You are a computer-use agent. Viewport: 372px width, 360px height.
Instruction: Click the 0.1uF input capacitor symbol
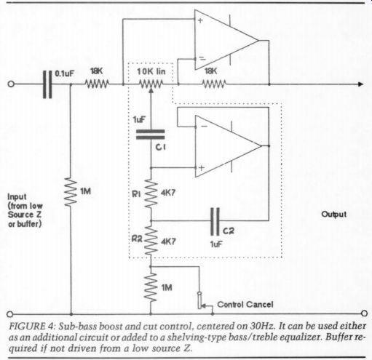pos(47,84)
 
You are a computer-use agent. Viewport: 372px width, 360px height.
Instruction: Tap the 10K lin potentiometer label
pos(151,71)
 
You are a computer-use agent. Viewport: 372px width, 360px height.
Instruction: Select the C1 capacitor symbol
pos(151,135)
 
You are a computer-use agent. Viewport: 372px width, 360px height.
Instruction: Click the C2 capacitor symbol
pos(215,221)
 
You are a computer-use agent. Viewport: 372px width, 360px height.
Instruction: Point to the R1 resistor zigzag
pos(151,193)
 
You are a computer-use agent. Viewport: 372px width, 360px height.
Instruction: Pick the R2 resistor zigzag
pos(151,241)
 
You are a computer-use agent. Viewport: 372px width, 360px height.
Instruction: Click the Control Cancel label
pos(245,304)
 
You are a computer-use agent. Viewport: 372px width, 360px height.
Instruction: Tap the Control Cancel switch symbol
pos(201,300)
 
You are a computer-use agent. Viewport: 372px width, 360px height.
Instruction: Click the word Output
pos(333,215)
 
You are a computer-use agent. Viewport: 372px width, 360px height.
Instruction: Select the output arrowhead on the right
pos(361,84)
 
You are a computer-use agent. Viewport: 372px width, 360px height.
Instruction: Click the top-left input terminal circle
pos(11,84)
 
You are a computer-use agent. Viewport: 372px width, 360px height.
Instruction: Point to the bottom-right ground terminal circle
pos(364,313)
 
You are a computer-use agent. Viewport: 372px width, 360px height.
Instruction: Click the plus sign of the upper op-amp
pos(200,20)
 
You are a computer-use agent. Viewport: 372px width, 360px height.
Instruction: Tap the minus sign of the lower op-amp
pos(205,127)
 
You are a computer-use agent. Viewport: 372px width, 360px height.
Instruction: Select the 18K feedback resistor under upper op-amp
pos(214,84)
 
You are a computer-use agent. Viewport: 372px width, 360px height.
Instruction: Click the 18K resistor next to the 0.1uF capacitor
pos(97,84)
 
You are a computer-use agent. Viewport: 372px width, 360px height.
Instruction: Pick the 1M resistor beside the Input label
pos(71,192)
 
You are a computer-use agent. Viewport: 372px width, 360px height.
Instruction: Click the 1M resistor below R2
pos(151,287)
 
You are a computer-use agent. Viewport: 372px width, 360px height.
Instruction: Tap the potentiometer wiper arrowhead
pos(151,91)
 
